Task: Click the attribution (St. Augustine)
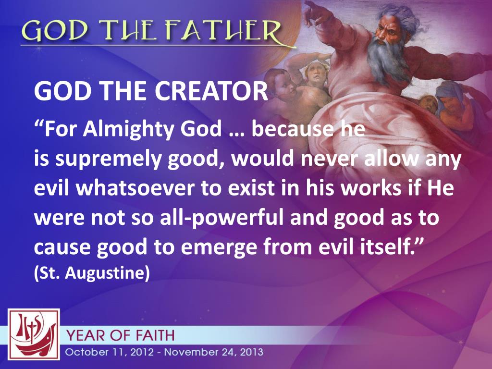[92, 272]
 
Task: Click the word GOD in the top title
[47, 32]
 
